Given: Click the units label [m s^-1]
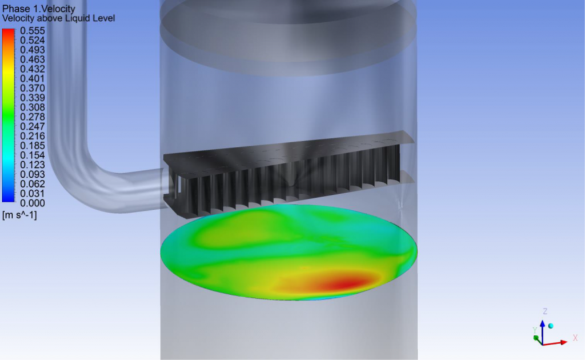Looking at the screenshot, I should click(20, 215).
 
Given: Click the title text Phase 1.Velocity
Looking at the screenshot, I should click(38, 9).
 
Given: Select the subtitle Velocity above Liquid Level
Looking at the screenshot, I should click(58, 18).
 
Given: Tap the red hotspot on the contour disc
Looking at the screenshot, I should click(346, 281).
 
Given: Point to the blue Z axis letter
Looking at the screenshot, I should click(545, 311).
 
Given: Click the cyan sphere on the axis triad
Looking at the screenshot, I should click(551, 325).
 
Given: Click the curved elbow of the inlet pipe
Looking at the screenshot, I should click(71, 171).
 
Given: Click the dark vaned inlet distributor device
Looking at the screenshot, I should click(286, 174).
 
